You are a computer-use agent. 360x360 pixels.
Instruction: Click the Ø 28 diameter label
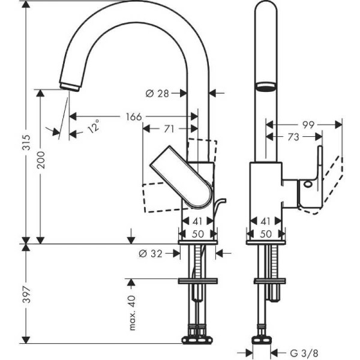(x=158, y=93)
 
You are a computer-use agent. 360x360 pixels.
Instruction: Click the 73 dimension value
(x=293, y=137)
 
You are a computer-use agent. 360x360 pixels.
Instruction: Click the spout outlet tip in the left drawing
(x=71, y=85)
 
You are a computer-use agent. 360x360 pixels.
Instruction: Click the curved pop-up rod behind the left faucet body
(x=220, y=207)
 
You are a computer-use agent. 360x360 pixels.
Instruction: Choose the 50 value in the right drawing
(x=265, y=233)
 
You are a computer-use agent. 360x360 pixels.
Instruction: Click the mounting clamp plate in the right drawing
(x=265, y=280)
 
